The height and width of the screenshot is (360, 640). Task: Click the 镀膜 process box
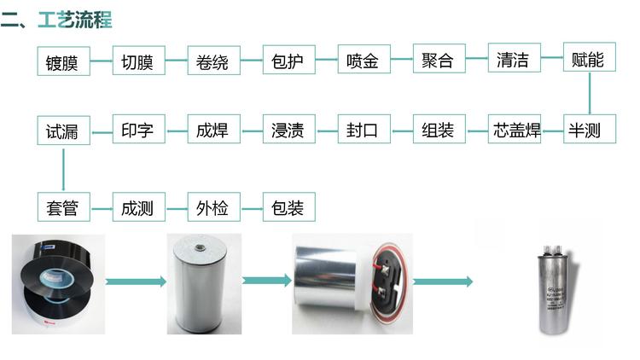(63, 61)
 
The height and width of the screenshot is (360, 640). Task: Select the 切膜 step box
(137, 61)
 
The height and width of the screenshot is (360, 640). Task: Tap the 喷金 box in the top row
(363, 61)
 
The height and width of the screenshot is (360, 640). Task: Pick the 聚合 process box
(438, 61)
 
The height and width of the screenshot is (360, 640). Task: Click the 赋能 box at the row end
(588, 60)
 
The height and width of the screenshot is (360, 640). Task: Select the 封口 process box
(363, 131)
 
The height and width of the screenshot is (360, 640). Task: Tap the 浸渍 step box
(288, 131)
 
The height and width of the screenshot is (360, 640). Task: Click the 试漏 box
(63, 131)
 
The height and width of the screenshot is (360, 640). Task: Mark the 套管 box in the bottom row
(63, 207)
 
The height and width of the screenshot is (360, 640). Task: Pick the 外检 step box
(212, 207)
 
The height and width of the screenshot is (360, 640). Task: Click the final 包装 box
(288, 207)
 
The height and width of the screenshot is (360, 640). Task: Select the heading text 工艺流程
(75, 19)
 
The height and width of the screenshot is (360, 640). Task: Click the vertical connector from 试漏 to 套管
(63, 168)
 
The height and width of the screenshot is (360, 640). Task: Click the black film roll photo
(58, 282)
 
